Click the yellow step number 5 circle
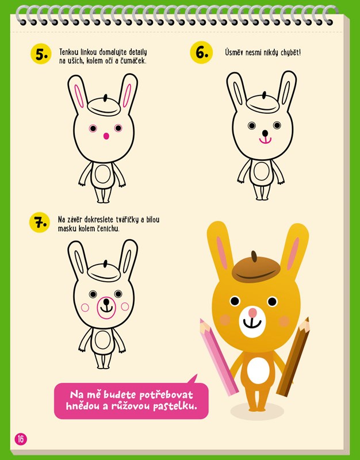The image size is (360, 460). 41,54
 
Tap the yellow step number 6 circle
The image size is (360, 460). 201,52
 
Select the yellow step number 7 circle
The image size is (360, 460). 40,223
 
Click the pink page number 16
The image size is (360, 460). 21,439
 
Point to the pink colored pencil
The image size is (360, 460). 219,357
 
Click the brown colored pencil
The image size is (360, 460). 293,356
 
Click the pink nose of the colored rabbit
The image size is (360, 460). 252,313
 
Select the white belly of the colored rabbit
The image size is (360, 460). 258,370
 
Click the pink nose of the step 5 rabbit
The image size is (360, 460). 106,136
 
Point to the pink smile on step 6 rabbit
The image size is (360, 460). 265,140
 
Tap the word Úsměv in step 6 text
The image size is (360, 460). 234,52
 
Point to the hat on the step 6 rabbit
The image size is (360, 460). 263,103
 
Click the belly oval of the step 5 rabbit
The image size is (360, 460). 103,175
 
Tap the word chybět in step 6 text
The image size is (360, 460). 291,53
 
